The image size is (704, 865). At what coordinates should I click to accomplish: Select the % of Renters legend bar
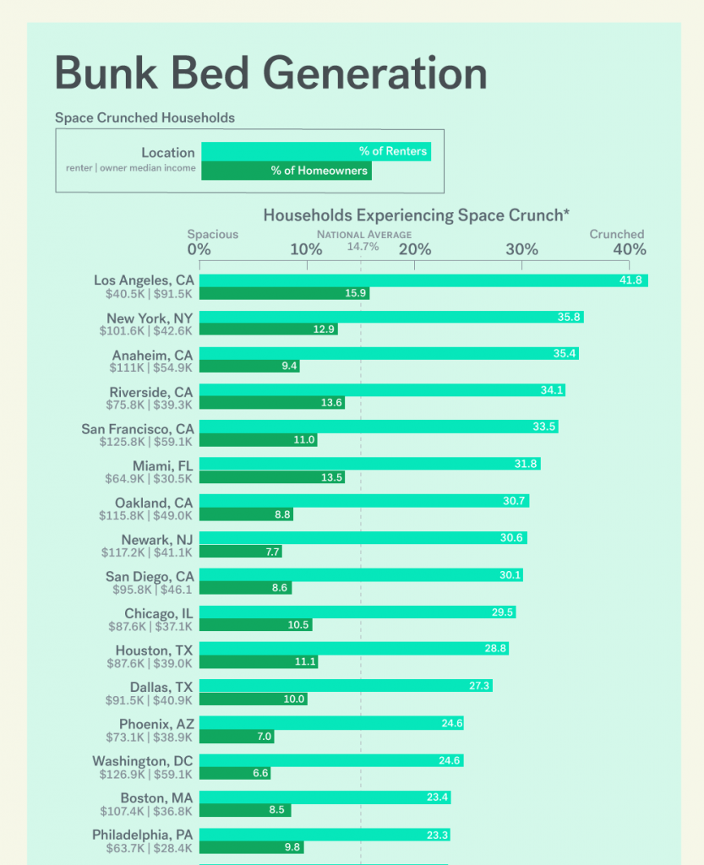[315, 152]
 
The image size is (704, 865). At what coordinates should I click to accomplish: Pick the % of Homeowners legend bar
[286, 171]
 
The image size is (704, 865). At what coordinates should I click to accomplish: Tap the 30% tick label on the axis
[521, 249]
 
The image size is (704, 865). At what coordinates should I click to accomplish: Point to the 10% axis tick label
[306, 249]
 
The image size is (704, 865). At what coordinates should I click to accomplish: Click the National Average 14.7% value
[363, 247]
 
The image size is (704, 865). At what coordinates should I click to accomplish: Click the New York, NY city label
[150, 318]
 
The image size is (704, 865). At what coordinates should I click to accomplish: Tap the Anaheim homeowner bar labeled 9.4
[249, 366]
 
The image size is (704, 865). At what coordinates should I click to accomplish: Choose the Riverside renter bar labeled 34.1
[382, 390]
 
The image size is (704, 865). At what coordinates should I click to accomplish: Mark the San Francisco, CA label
[138, 428]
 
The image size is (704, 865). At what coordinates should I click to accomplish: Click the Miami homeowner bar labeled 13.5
[272, 477]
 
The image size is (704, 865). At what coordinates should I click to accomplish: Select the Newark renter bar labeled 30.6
[363, 538]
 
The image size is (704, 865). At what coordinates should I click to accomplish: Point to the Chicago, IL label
[159, 612]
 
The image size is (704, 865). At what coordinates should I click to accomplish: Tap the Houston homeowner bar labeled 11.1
[259, 661]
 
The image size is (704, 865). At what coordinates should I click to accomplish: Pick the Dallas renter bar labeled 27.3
[346, 686]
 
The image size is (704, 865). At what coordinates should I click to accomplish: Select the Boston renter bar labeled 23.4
[325, 797]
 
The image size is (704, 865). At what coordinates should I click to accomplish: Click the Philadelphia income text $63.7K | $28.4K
[150, 848]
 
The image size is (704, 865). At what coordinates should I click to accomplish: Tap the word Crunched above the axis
[617, 234]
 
